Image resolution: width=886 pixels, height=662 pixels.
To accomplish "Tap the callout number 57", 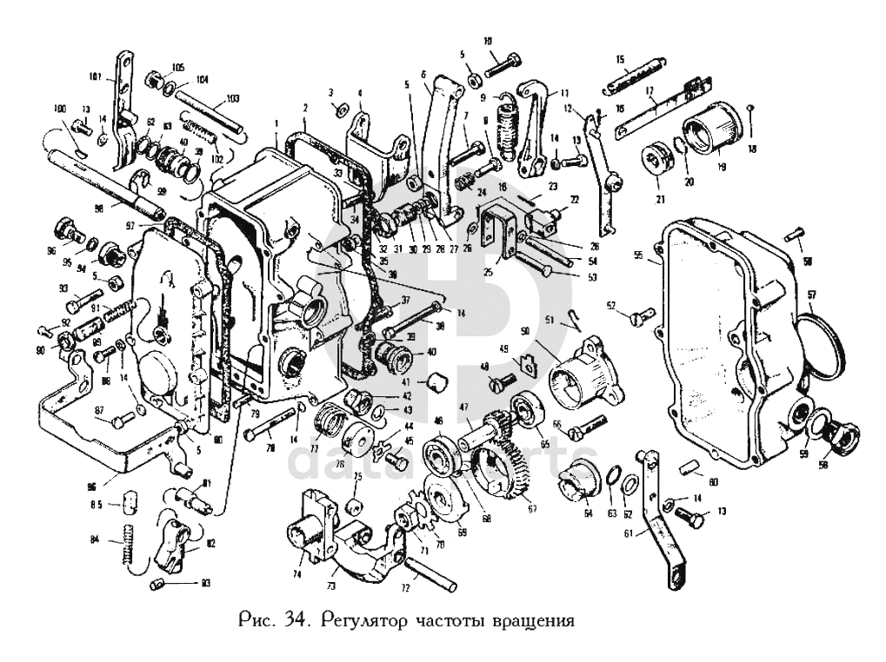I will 812,294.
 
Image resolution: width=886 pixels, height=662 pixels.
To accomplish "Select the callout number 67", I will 532,509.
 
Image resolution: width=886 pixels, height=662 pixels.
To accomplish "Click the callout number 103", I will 232,99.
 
